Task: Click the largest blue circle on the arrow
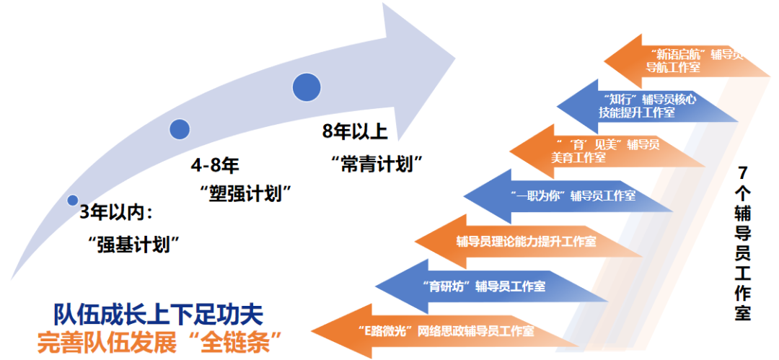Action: (x=307, y=87)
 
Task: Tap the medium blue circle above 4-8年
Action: (x=180, y=129)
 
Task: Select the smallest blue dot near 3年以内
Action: (x=72, y=200)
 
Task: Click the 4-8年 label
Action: (x=215, y=165)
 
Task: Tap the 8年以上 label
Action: (x=355, y=132)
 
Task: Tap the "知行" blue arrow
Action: (x=642, y=106)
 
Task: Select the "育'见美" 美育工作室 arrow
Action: (x=599, y=151)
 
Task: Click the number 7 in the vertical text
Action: (x=743, y=174)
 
